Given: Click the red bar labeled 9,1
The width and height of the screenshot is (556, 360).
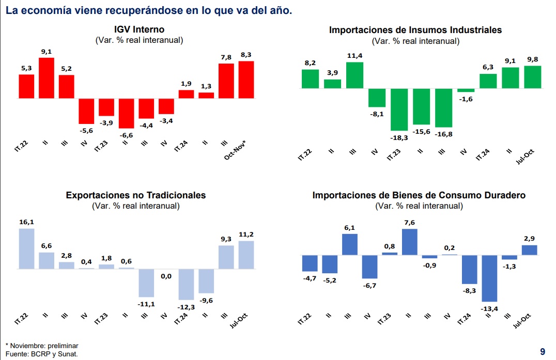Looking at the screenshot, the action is click(x=47, y=78).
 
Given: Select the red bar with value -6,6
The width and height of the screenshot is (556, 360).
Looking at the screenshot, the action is click(x=126, y=114).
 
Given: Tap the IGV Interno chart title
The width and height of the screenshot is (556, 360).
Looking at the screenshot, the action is click(x=140, y=29).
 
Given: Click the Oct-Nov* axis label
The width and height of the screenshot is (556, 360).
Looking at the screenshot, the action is click(x=235, y=150).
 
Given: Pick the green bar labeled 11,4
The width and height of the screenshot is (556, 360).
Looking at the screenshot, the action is click(x=354, y=75).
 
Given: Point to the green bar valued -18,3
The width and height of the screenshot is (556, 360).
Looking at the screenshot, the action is click(x=399, y=109).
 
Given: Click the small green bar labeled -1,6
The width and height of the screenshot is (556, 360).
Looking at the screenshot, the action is click(x=466, y=90).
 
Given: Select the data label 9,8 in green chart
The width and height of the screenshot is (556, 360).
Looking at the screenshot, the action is click(x=533, y=59).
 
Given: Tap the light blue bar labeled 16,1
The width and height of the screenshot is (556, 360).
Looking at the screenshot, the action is click(x=26, y=249).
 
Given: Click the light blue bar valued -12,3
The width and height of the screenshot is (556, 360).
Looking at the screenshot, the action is click(x=186, y=284).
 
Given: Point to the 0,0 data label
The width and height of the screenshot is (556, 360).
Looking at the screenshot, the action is click(x=166, y=276).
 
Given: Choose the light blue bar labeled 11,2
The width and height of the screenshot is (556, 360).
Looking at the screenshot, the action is click(x=246, y=255).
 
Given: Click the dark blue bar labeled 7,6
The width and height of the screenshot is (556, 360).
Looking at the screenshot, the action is click(x=410, y=242).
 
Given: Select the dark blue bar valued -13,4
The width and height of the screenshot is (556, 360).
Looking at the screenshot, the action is click(x=489, y=278).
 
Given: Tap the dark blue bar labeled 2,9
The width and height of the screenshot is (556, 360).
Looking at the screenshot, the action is click(x=530, y=250).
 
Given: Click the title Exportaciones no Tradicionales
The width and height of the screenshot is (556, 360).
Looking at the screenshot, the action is click(x=136, y=195).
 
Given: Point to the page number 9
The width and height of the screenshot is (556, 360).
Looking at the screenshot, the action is click(x=543, y=352).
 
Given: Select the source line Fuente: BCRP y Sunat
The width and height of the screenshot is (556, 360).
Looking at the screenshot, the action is click(x=42, y=354).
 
